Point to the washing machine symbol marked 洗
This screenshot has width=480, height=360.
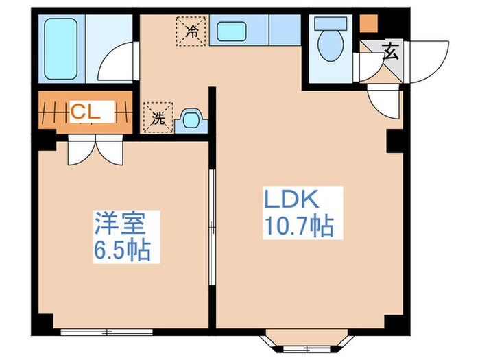click(x=158, y=117)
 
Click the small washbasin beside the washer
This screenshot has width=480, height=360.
click(x=190, y=121)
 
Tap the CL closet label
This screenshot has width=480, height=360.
click(x=86, y=112)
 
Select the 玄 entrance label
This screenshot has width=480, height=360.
click(x=389, y=52)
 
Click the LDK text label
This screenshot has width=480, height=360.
click(x=290, y=201)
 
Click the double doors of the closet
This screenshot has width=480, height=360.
click(x=95, y=149)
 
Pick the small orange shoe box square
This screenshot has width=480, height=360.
click(x=369, y=23)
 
